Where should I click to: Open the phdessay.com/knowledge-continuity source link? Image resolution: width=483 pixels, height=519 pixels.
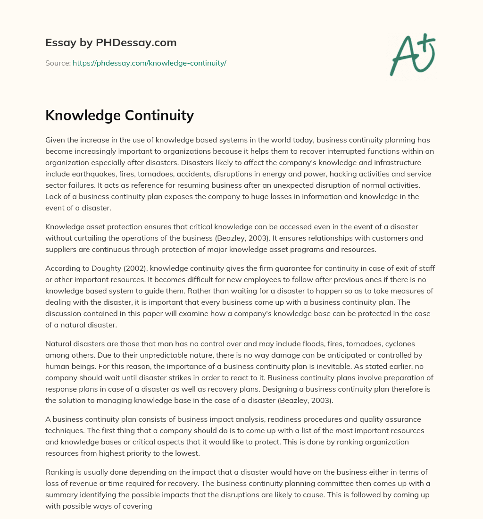click(x=150, y=63)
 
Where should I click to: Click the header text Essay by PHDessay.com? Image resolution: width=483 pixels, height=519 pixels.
click(x=111, y=42)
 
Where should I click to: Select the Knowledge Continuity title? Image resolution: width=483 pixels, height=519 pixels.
click(x=119, y=115)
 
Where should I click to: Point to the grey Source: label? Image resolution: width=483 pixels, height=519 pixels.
click(x=58, y=63)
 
